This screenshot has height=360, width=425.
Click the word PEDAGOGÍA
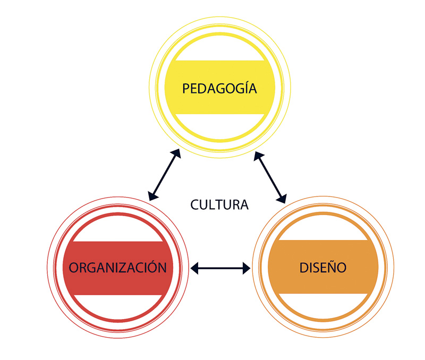(219, 88)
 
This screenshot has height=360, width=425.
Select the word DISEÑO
(322, 267)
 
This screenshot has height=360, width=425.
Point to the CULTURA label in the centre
(219, 204)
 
